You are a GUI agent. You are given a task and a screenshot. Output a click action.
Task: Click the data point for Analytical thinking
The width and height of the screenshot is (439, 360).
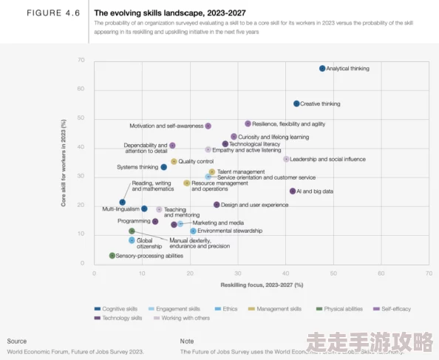(x=322, y=69)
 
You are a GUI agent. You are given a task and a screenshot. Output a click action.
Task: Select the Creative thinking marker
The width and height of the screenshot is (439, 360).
(x=296, y=104)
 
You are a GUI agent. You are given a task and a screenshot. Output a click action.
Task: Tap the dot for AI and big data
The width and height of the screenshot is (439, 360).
(x=293, y=191)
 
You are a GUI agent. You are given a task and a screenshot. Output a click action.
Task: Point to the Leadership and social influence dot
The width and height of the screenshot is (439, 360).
(x=286, y=159)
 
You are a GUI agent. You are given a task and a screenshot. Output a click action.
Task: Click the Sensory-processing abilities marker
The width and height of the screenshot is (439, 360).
(x=112, y=256)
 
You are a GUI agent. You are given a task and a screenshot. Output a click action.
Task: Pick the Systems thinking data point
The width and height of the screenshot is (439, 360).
(x=164, y=167)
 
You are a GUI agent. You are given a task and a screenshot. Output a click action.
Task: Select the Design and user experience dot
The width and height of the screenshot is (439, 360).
(x=217, y=205)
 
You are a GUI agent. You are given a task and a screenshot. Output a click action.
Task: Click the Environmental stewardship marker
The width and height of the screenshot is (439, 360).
(x=193, y=231)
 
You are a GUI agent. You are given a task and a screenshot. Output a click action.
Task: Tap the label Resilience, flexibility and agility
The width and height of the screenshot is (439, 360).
(x=289, y=124)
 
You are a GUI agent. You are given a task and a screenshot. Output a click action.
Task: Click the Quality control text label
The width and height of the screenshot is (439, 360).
(x=196, y=162)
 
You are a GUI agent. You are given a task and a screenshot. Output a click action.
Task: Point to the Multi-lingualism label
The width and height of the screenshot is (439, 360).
(x=120, y=209)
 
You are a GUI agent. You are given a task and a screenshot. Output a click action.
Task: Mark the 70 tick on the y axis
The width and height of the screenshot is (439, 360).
(x=81, y=60)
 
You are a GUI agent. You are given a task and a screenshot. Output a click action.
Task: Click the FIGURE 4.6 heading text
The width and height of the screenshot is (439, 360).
(x=53, y=13)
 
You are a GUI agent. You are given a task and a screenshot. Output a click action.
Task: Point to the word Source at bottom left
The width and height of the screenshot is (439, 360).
(x=17, y=341)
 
